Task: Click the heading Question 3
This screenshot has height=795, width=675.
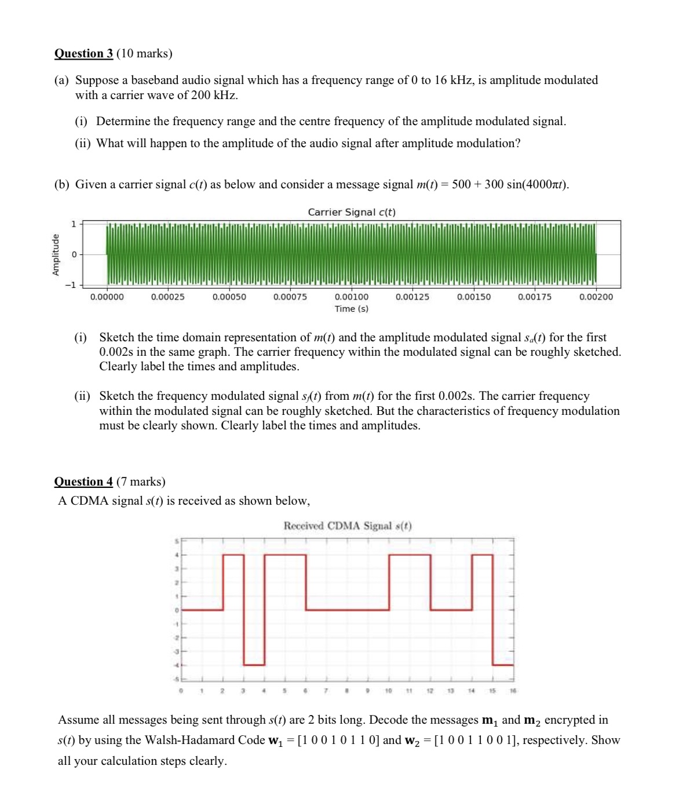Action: click(83, 54)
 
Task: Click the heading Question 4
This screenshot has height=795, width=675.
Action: click(83, 482)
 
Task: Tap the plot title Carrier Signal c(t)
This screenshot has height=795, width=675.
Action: click(352, 212)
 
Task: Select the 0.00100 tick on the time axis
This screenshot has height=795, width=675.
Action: click(351, 297)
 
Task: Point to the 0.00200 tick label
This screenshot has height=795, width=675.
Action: click(596, 297)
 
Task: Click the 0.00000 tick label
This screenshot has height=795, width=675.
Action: click(107, 297)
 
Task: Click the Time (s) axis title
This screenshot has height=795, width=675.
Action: click(351, 309)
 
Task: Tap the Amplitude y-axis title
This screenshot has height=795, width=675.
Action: click(56, 254)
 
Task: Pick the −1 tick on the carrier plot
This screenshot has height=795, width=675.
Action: click(70, 285)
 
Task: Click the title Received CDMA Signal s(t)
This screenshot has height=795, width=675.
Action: click(348, 526)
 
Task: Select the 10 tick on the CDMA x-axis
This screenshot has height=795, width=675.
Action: click(389, 691)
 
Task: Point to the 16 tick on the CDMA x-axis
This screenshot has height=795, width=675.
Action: click(513, 691)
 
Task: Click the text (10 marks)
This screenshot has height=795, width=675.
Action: click(144, 54)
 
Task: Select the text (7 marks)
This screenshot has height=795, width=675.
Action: click(141, 482)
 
